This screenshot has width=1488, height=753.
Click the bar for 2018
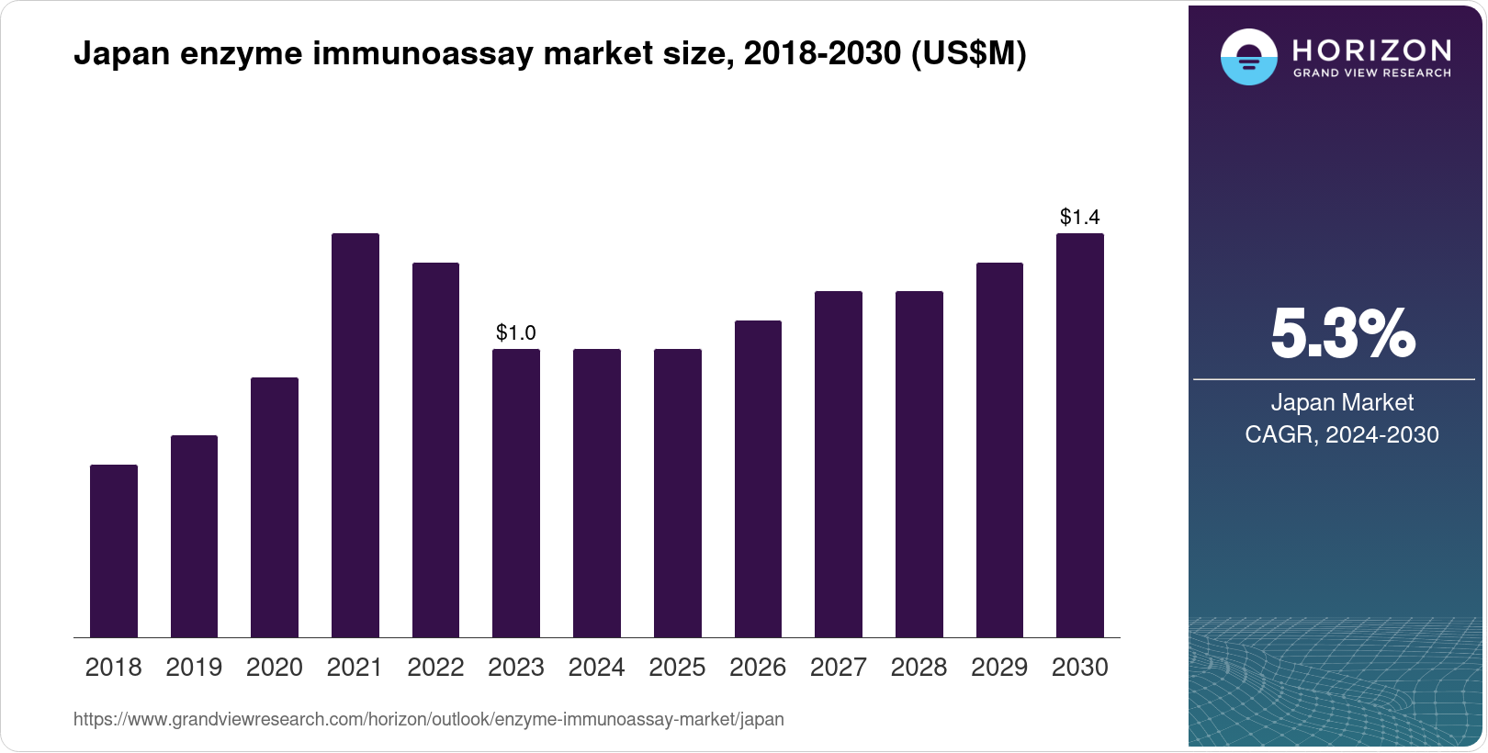tap(114, 551)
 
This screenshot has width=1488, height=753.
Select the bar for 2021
tap(355, 435)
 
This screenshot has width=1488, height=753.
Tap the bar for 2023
tap(516, 493)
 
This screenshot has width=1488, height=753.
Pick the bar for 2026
tap(758, 478)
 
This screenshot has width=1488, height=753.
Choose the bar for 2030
tap(1080, 435)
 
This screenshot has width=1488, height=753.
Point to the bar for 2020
tap(275, 507)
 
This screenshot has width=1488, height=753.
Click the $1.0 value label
tap(516, 332)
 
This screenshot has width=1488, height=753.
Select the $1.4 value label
tap(1080, 217)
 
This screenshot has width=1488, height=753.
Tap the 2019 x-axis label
tap(194, 667)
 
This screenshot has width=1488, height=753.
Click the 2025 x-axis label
tap(677, 667)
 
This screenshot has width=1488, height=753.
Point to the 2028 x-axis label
tap(919, 667)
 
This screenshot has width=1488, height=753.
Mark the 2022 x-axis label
tap(435, 667)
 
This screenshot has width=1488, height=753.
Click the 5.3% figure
tap(1342, 334)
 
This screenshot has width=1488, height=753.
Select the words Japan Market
tap(1342, 402)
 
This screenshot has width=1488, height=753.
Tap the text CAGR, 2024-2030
tap(1342, 434)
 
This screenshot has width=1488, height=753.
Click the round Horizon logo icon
tap(1248, 58)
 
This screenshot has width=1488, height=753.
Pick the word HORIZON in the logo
tap(1371, 50)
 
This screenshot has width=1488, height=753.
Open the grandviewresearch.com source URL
tap(428, 719)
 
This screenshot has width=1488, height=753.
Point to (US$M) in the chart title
tap(968, 53)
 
